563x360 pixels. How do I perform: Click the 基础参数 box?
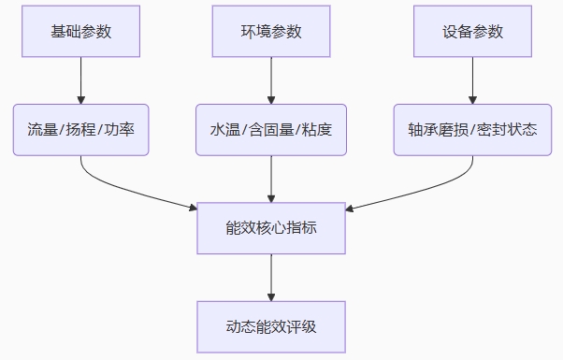(80, 31)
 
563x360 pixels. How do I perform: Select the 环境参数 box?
(271, 31)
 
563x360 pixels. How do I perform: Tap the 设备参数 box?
(472, 31)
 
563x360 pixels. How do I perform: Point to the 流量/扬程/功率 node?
(80, 130)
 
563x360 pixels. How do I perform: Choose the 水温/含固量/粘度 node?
(271, 130)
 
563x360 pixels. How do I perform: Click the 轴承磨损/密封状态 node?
(472, 130)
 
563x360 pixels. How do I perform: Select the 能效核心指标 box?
(271, 228)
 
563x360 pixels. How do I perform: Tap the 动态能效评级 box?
(271, 327)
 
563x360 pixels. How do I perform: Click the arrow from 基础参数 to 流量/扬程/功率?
(80, 80)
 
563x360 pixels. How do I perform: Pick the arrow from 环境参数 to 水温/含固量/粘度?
(271, 80)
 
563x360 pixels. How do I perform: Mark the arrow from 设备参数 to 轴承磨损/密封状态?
(472, 80)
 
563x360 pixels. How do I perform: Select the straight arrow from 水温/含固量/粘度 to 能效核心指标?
(271, 180)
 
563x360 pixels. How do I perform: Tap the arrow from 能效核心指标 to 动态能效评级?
(271, 278)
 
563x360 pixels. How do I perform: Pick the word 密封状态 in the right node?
(507, 130)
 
